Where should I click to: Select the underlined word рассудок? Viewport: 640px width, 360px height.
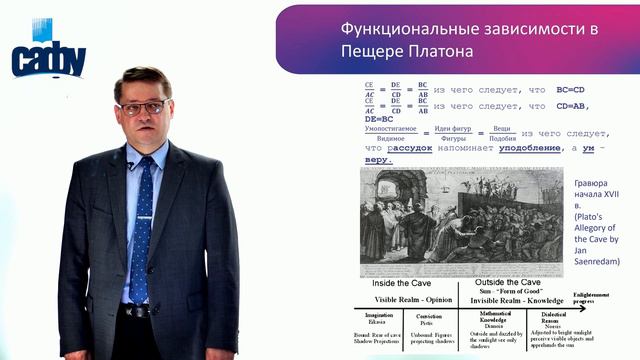(410, 147)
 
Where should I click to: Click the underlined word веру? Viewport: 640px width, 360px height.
(378, 160)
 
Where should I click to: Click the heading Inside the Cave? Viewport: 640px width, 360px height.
(401, 284)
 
